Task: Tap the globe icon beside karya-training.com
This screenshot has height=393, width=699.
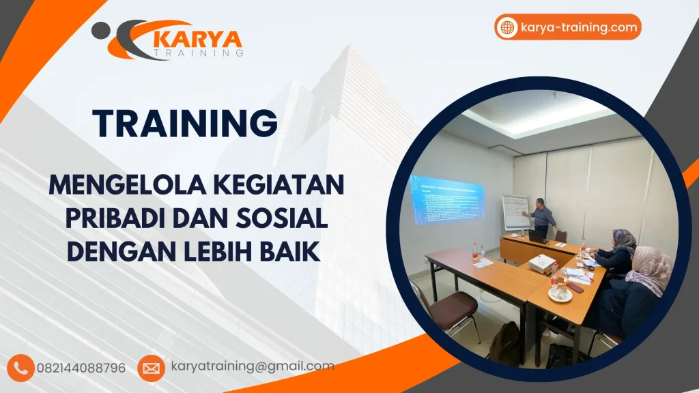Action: [x=507, y=28]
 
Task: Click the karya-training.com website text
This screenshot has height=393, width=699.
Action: [x=578, y=28]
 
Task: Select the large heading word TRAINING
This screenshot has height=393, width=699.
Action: [x=185, y=123]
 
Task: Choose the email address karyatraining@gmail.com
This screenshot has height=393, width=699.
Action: [x=253, y=366]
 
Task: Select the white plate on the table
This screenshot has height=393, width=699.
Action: [x=560, y=294]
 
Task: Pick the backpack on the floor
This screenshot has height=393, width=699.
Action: [x=506, y=345]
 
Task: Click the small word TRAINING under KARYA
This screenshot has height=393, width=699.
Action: [x=198, y=52]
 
